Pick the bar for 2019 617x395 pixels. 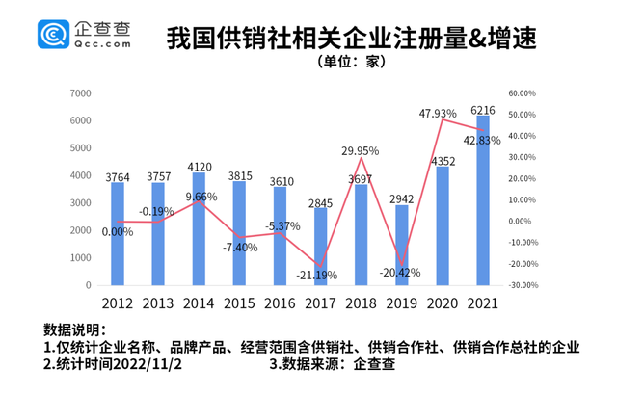click(402, 245)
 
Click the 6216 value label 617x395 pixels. click(483, 109)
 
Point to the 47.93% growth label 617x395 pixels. click(439, 114)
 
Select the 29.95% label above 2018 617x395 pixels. click(361, 151)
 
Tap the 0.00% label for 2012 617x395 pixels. click(119, 231)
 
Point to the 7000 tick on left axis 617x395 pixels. click(82, 93)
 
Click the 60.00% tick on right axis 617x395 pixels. click(523, 93)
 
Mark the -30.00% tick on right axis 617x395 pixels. click(523, 285)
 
